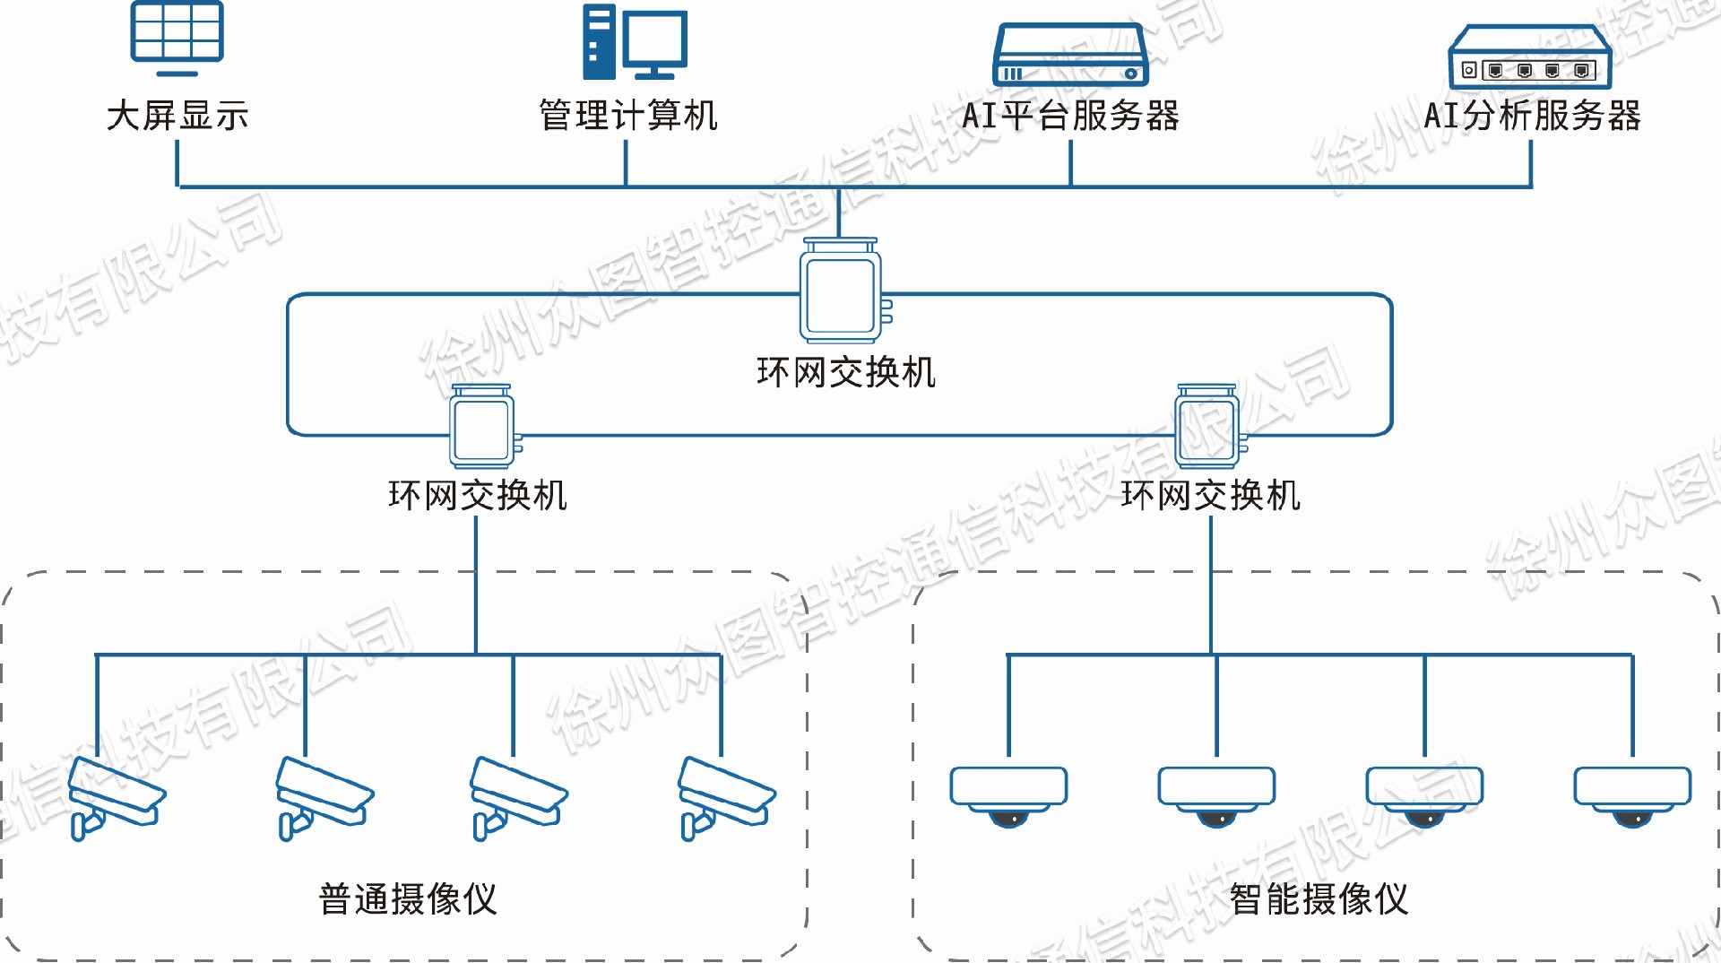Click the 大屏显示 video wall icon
click(177, 36)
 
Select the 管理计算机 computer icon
click(635, 42)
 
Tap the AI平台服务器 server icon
click(1070, 55)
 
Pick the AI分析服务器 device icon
click(1530, 57)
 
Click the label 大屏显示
click(177, 116)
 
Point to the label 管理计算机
click(627, 116)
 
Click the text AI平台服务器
click(1070, 116)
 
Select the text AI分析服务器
click(1532, 116)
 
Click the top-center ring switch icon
click(842, 291)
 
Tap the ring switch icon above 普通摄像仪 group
click(483, 428)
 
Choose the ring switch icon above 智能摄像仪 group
click(1208, 428)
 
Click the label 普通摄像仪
click(408, 898)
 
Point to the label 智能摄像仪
click(1319, 898)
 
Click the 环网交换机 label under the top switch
click(846, 372)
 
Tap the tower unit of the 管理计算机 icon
click(599, 42)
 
